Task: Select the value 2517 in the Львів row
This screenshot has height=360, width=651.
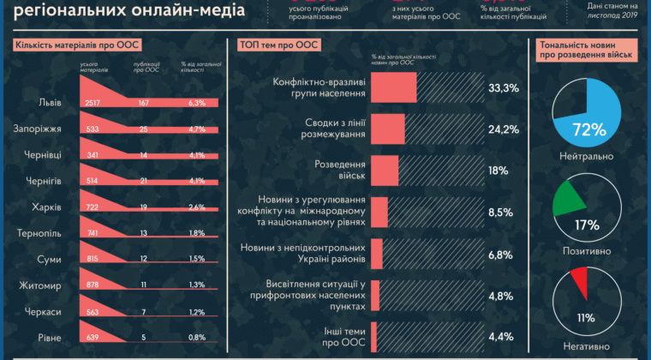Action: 93,103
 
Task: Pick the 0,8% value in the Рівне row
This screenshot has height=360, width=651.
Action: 196,337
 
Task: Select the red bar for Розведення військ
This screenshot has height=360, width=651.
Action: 385,170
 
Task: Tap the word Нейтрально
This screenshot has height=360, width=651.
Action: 586,157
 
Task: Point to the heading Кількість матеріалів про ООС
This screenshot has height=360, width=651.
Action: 78,45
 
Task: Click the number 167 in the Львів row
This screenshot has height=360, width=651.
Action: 144,103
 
